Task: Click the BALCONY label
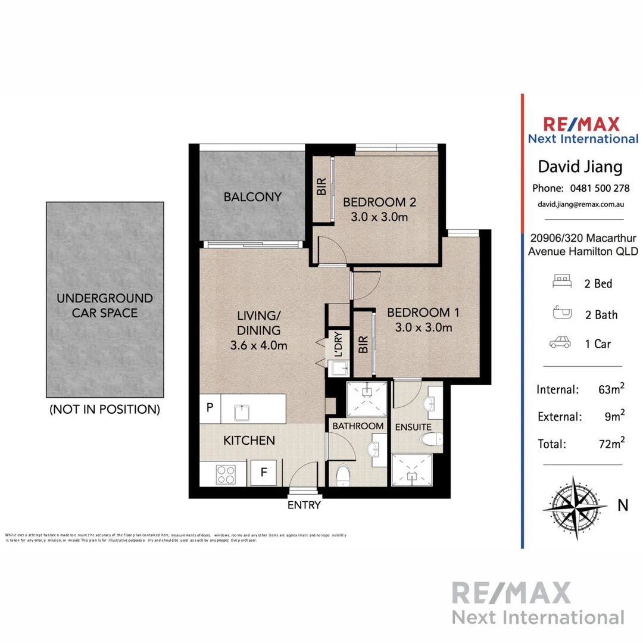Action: click(x=252, y=197)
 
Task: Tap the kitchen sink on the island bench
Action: click(x=242, y=411)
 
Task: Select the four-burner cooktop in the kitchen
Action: click(x=226, y=475)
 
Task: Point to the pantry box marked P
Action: click(x=210, y=408)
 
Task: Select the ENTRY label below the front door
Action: click(x=304, y=505)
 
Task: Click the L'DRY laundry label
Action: click(x=338, y=344)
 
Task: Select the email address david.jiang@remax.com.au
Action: click(x=580, y=204)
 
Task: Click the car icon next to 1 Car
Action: click(x=561, y=344)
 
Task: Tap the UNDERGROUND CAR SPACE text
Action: click(x=105, y=305)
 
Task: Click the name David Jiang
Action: click(x=580, y=166)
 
